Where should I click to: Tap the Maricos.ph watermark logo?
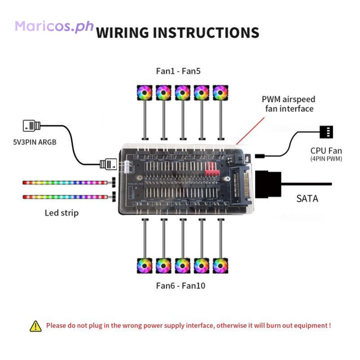[x=54, y=26]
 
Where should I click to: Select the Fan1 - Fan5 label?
[x=178, y=71]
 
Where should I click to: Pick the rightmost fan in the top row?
[x=220, y=93]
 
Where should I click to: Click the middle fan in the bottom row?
[x=183, y=266]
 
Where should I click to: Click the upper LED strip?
[x=65, y=183]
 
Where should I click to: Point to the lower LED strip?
[x=65, y=197]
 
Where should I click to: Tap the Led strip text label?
[x=62, y=212]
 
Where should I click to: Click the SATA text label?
[x=307, y=198]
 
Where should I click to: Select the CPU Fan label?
[x=326, y=150]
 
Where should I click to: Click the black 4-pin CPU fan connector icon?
[x=326, y=132]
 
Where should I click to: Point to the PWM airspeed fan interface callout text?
[x=288, y=104]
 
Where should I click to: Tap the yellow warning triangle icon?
[x=36, y=326]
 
